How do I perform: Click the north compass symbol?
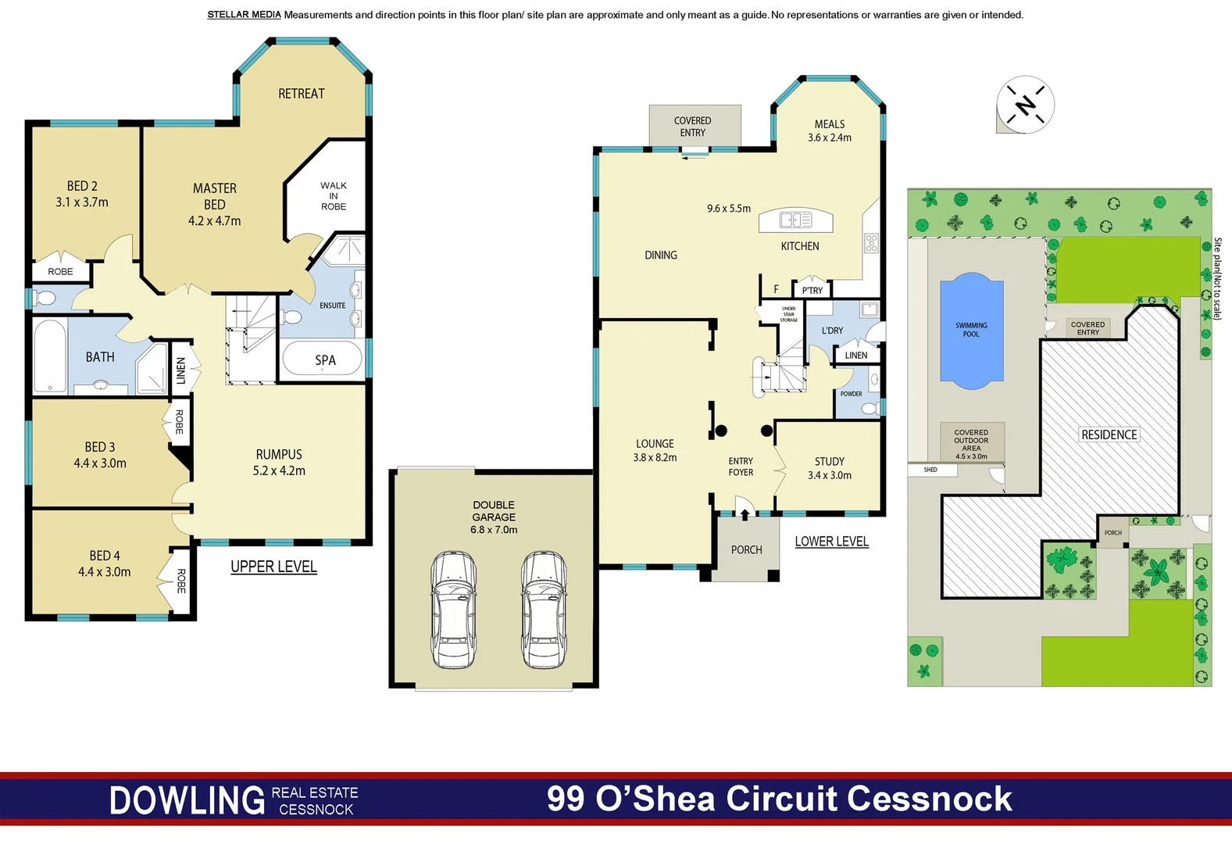tap(1025, 104)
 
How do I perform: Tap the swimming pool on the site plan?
tap(971, 331)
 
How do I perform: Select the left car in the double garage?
tap(453, 610)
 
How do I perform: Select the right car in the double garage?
tap(545, 610)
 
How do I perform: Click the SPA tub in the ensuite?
tap(323, 359)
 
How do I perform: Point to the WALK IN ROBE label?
tap(334, 196)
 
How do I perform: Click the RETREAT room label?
tap(301, 94)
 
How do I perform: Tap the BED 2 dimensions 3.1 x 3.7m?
tap(82, 202)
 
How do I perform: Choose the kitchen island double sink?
tap(795, 220)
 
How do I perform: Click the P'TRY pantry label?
tap(812, 290)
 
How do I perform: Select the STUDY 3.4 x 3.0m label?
tap(830, 468)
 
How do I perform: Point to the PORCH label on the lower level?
tap(746, 550)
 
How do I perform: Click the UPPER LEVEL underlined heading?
tap(273, 567)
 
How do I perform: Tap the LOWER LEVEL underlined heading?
tap(831, 542)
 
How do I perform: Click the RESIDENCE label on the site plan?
tap(1109, 435)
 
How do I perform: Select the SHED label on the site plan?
tap(930, 470)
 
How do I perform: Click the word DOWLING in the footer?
tap(187, 801)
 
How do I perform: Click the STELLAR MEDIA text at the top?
tap(244, 15)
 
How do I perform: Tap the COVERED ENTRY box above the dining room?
tap(693, 127)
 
